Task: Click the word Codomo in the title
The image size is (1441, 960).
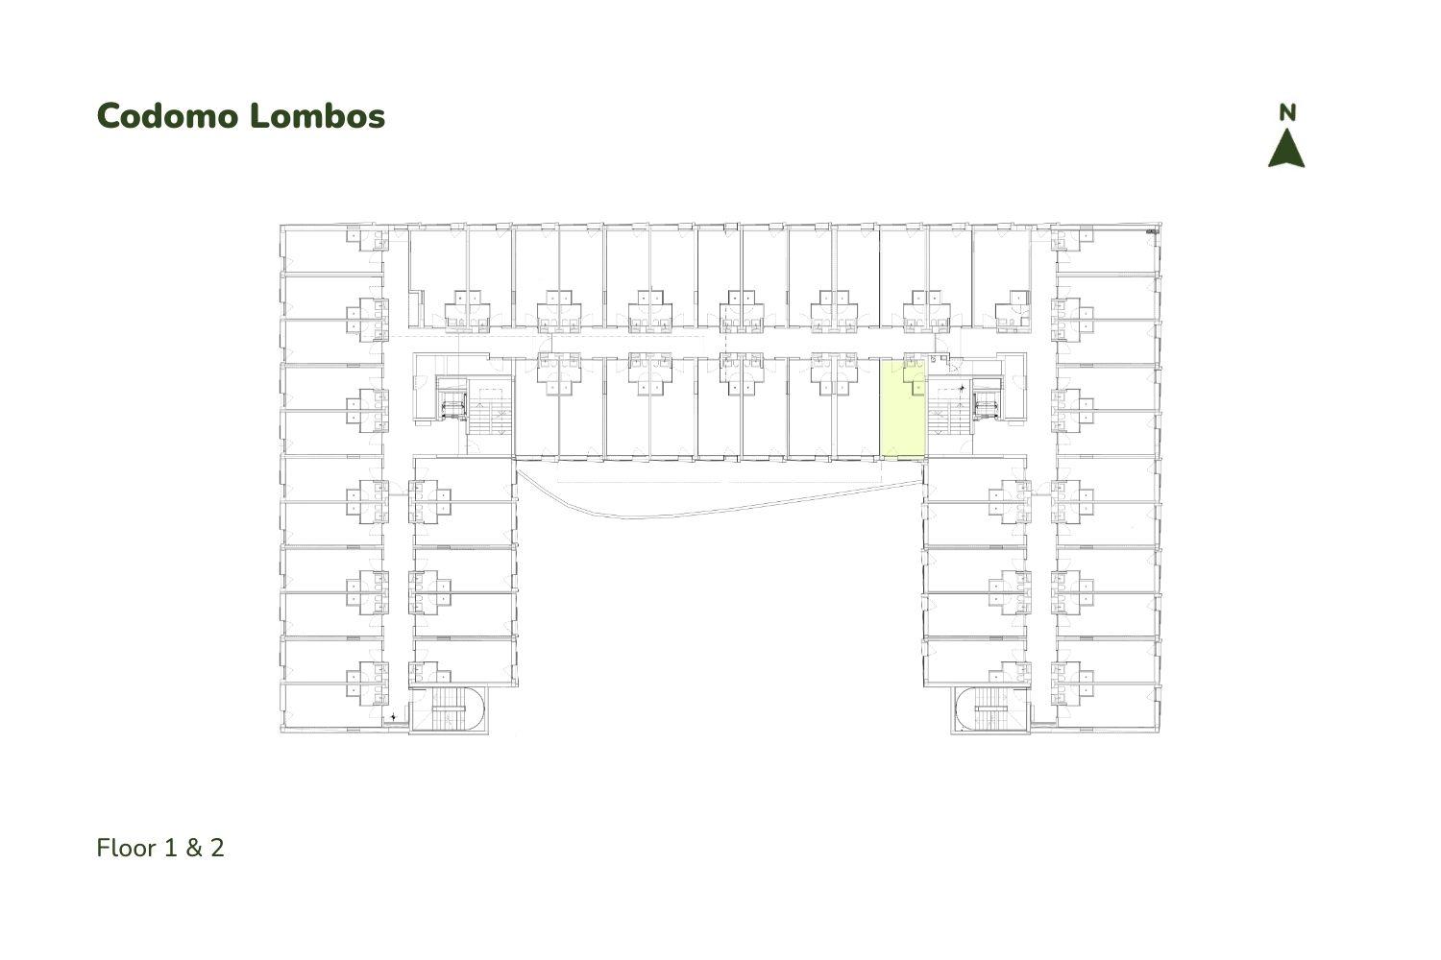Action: [168, 116]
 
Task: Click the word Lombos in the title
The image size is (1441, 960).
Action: [317, 116]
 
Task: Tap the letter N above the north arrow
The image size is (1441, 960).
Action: [1286, 113]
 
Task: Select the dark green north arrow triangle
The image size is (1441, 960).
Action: [1286, 149]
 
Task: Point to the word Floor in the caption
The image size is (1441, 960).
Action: [127, 848]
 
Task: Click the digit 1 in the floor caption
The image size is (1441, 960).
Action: [170, 848]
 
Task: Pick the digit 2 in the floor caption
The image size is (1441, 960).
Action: [217, 848]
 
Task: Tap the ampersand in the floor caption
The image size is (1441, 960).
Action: [194, 848]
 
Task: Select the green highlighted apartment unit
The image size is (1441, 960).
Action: [902, 410]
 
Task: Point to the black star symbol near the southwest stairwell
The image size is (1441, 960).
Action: [393, 715]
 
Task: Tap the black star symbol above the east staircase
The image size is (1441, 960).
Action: [962, 389]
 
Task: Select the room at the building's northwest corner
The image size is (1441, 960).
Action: [332, 249]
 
